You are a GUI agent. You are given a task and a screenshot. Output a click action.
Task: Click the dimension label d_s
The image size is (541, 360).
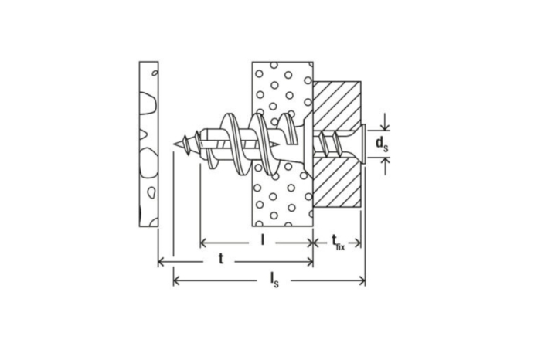point(382,144)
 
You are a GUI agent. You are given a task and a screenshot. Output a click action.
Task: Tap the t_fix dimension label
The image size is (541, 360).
point(339,242)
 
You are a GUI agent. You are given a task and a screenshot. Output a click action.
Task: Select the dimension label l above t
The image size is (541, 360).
point(263,239)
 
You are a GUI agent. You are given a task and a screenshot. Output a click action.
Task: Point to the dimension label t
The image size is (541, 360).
point(221,259)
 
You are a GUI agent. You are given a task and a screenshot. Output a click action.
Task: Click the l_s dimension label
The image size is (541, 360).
point(274,280)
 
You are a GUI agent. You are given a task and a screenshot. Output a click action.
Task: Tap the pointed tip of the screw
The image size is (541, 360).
point(173,144)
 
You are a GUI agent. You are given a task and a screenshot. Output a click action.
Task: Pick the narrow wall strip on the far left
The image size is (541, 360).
point(148,144)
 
